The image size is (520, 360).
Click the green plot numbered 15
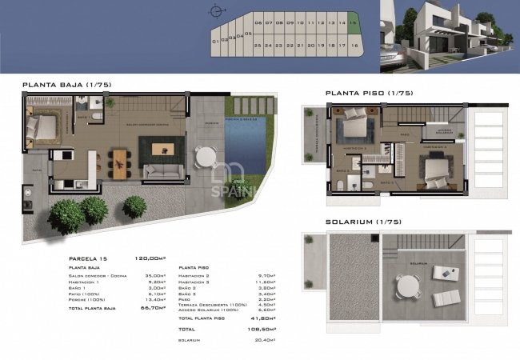(x=353, y=24)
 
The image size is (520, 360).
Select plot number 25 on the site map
(x=258, y=46)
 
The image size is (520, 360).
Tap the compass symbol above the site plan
(x=214, y=11)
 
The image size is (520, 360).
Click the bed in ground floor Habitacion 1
(x=43, y=126)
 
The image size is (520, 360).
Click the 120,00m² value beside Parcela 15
(x=151, y=258)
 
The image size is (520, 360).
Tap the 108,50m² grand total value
(x=265, y=329)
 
